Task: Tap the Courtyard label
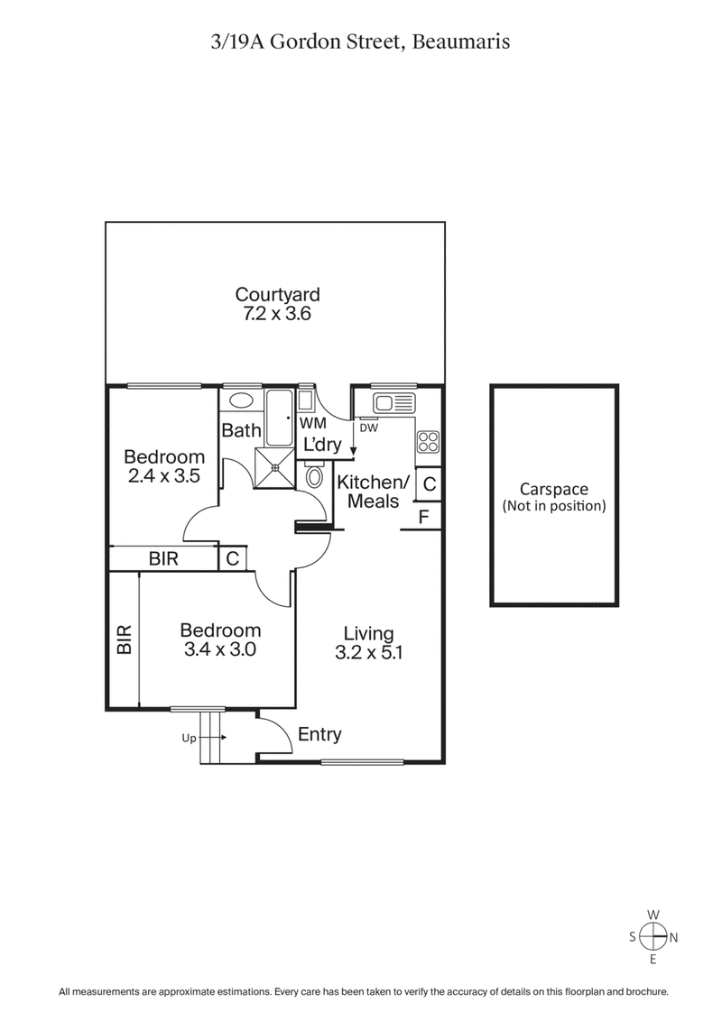tap(277, 295)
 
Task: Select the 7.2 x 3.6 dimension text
tap(277, 315)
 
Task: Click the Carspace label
tap(554, 489)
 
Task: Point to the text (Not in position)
tap(554, 506)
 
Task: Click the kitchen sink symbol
tap(393, 402)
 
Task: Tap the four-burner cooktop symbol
tap(428, 442)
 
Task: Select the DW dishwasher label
tap(367, 428)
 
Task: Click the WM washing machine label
tap(313, 423)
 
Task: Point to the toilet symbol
tap(314, 474)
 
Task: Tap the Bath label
tap(241, 431)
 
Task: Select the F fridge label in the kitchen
tap(424, 517)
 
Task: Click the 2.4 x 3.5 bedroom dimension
tap(164, 476)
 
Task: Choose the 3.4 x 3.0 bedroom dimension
tap(220, 649)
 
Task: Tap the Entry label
tap(319, 734)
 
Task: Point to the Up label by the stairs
tap(190, 738)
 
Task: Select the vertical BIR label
tap(124, 639)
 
